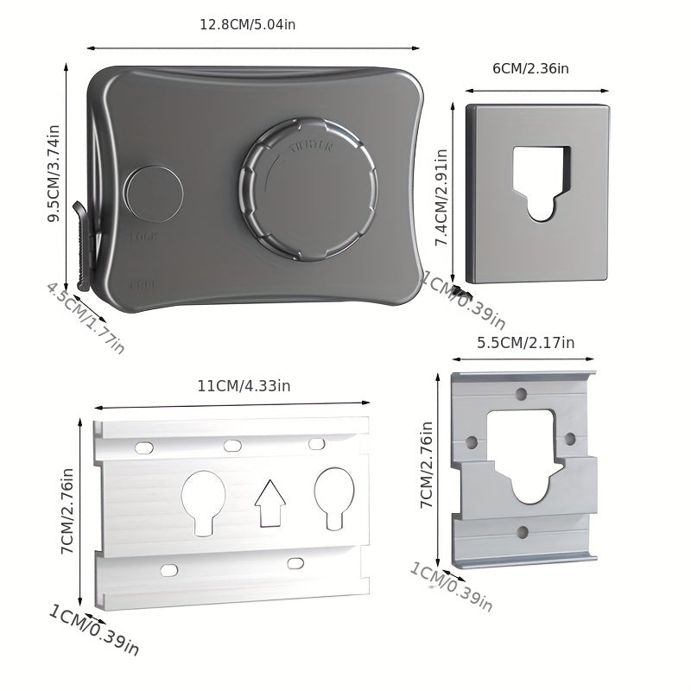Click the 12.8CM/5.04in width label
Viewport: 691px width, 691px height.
tap(247, 24)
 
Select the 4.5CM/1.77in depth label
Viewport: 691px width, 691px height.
tap(86, 317)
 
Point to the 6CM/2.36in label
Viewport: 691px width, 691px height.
tap(530, 69)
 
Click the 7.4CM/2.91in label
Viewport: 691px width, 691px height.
tap(441, 199)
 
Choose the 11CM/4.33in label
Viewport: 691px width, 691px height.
tap(244, 386)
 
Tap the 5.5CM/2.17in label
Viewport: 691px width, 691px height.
tap(525, 342)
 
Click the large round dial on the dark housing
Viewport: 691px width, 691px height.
tap(308, 191)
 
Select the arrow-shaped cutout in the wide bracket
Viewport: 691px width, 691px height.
tap(269, 503)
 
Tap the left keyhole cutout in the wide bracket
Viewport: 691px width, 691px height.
tap(203, 500)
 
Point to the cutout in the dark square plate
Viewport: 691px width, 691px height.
tap(542, 181)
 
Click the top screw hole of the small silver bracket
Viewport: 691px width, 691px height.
tap(521, 394)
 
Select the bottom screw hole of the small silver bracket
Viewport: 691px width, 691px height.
tap(522, 532)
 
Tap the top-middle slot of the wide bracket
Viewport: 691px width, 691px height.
tap(232, 446)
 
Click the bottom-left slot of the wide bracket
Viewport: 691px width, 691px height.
tap(169, 570)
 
